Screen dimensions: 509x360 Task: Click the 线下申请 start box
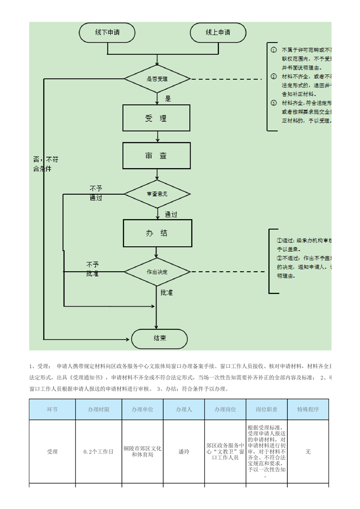(108, 33)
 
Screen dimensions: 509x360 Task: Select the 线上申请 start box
(218, 33)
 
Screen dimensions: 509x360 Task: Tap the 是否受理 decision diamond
(157, 79)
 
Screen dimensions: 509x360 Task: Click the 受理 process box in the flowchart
(157, 118)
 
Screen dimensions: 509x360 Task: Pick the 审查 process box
(157, 156)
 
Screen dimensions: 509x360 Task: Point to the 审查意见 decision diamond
(157, 194)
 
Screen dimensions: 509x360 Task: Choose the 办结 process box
(157, 233)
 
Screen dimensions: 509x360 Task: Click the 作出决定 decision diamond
(157, 272)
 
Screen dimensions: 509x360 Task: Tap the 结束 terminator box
(159, 338)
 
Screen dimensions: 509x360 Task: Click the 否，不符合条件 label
(46, 164)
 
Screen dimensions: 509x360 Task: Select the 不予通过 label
(96, 193)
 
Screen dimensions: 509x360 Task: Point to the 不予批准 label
(93, 269)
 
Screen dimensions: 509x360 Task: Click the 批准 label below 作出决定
(167, 293)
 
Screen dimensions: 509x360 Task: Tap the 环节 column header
(52, 409)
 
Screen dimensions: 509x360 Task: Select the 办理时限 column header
(99, 409)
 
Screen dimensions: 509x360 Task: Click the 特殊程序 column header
(308, 409)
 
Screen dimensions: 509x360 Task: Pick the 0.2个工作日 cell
(99, 452)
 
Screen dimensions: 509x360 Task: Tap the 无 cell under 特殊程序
(308, 452)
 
